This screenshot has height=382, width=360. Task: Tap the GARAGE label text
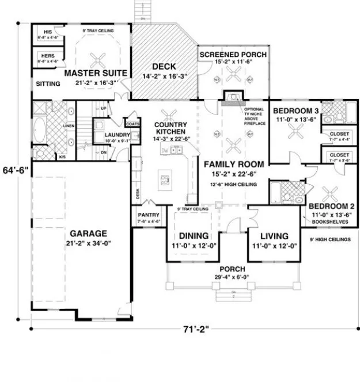89,234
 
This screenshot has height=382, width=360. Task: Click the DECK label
164,66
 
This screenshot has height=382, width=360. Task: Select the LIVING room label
274,236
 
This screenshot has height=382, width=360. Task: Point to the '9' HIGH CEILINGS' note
329,239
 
